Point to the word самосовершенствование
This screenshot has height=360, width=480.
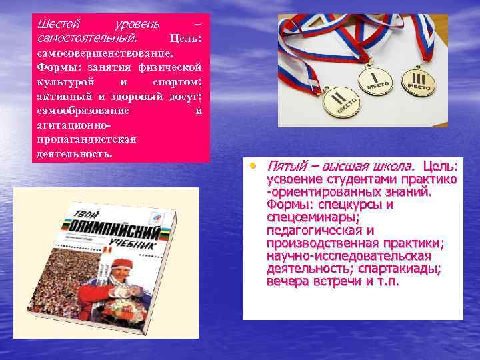105,52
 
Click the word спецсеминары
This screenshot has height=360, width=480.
313,217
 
